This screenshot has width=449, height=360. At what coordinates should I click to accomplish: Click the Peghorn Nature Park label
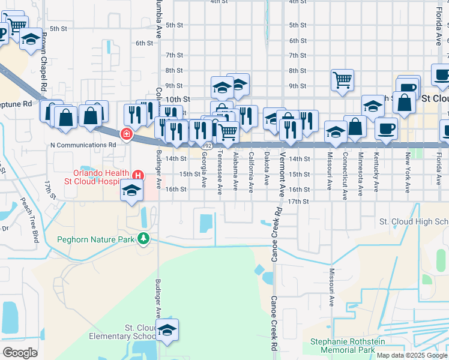pos(96,239)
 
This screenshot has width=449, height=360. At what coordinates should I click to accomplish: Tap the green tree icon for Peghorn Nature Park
pos(143,239)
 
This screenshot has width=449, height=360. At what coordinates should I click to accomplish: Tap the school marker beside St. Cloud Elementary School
pos(167,329)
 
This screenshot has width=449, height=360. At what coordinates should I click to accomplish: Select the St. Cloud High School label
pos(414,221)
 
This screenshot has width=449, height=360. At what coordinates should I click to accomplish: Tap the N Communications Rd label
pos(83,145)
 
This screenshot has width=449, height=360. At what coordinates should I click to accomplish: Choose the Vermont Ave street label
pos(282,173)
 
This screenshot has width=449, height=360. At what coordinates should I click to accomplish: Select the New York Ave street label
pos(408,172)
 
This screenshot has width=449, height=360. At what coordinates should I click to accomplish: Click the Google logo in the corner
pos(20,352)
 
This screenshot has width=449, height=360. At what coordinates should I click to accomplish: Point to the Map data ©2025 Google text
pos(411,355)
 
